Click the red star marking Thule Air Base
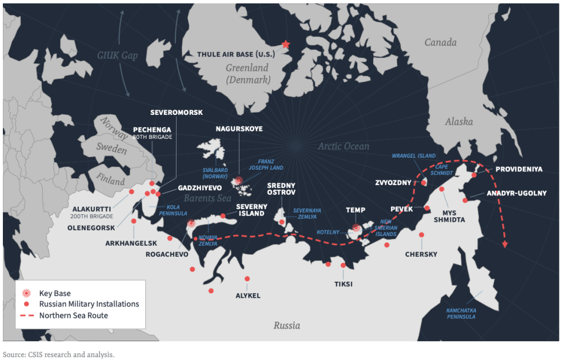tap(286, 45)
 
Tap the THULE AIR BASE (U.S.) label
tap(236, 55)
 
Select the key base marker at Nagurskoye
tap(239, 181)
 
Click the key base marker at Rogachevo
tap(191, 223)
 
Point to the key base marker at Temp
tap(356, 228)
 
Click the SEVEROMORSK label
tap(177, 113)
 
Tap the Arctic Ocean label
tap(343, 146)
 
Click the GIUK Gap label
tap(118, 56)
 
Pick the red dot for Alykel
tap(247, 279)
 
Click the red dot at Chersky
tap(422, 235)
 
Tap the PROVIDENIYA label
tap(518, 169)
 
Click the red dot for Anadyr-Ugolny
tap(466, 200)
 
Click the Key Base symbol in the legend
tap(26, 293)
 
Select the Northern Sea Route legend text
tap(73, 315)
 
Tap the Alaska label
tap(459, 122)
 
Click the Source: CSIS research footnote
tap(58, 354)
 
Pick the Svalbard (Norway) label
tap(218, 174)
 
